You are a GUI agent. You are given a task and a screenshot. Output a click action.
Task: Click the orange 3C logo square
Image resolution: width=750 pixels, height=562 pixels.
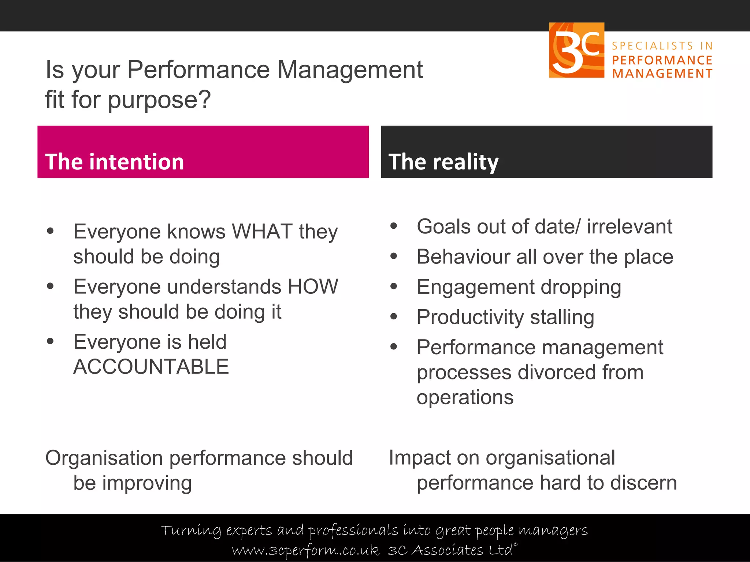click(x=576, y=50)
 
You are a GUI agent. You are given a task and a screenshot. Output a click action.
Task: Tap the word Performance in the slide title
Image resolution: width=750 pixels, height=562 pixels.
click(x=198, y=70)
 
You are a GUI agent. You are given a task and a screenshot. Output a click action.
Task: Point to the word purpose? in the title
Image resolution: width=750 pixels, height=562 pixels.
click(x=159, y=100)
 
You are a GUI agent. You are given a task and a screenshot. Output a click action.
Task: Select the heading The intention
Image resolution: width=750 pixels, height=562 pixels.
click(x=114, y=162)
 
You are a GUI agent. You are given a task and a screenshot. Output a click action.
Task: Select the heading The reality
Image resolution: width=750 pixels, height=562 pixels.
click(x=443, y=162)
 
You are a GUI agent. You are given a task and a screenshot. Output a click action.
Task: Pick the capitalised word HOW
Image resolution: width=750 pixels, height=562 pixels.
click(x=313, y=286)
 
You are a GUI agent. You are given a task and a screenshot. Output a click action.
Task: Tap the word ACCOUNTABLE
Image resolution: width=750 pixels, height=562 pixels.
click(x=151, y=367)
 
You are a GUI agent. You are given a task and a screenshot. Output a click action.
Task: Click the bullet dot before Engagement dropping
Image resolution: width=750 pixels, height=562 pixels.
click(x=394, y=286)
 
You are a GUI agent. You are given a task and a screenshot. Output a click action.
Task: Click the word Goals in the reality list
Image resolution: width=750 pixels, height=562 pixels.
click(x=443, y=227)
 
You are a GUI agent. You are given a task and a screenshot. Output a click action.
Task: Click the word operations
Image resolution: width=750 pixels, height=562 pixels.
click(x=465, y=397)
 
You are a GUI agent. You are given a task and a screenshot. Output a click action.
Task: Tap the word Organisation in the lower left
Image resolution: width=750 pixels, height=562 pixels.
click(x=104, y=458)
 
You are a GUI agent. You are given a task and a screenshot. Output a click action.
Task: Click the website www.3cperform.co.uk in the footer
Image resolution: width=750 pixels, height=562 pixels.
click(x=305, y=550)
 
